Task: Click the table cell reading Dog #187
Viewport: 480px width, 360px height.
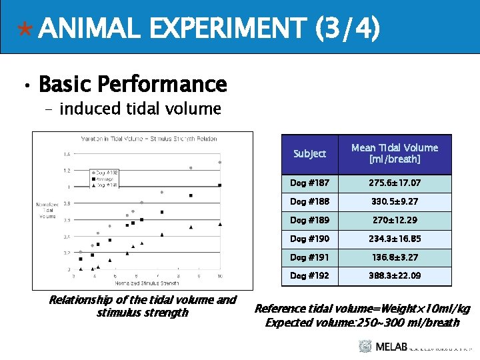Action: [x=309, y=183]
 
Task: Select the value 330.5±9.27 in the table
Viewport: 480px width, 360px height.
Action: [x=395, y=201]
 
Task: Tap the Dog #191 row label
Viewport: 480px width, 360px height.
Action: [x=309, y=257]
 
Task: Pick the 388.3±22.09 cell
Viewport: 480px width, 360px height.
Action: [x=395, y=275]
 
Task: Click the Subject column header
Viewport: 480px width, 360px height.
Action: [x=309, y=154]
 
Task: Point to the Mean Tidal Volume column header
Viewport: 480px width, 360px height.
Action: [x=395, y=153]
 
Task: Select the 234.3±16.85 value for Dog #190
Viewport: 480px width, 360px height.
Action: [x=395, y=239]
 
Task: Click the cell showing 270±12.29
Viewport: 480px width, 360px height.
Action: [x=395, y=220]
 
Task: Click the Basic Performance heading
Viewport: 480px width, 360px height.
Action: [x=133, y=85]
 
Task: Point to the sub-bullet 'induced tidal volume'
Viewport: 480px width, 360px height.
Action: [x=140, y=109]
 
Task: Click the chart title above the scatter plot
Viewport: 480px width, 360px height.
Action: [x=149, y=139]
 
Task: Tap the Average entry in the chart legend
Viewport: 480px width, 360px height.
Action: [x=105, y=179]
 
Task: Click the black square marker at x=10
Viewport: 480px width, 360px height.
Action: [x=220, y=185]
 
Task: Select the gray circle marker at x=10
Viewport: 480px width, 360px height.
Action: [x=220, y=162]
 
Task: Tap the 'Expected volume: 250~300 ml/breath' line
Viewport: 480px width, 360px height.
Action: [x=362, y=323]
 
